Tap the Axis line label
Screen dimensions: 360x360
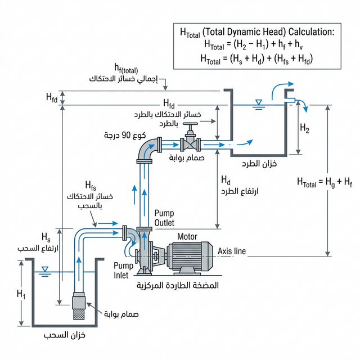tap(232, 251)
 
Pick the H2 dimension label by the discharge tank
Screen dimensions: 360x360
tap(304, 129)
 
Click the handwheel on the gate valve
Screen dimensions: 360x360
tap(191, 125)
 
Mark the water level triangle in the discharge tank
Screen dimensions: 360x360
tap(259, 102)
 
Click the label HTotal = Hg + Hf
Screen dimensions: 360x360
tap(325, 181)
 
